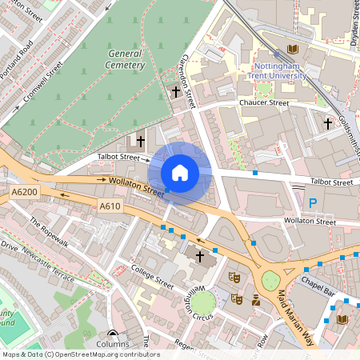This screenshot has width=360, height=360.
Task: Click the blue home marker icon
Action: pos(180,173)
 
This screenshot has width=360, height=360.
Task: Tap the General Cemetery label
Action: pos(126,58)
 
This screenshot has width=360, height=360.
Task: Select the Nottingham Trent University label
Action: pos(280,70)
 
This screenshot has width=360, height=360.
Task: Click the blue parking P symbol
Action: pos(313,203)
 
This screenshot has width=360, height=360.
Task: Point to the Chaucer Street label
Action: pos(263,103)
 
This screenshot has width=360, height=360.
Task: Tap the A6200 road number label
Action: pos(25,193)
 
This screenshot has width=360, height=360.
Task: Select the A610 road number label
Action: pos(110,207)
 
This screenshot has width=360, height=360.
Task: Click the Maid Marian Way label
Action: pos(293,308)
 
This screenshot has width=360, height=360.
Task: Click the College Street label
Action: pos(152,277)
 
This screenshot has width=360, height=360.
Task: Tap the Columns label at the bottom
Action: pos(112,344)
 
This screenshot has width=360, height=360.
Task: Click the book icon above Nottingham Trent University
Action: pos(281,49)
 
